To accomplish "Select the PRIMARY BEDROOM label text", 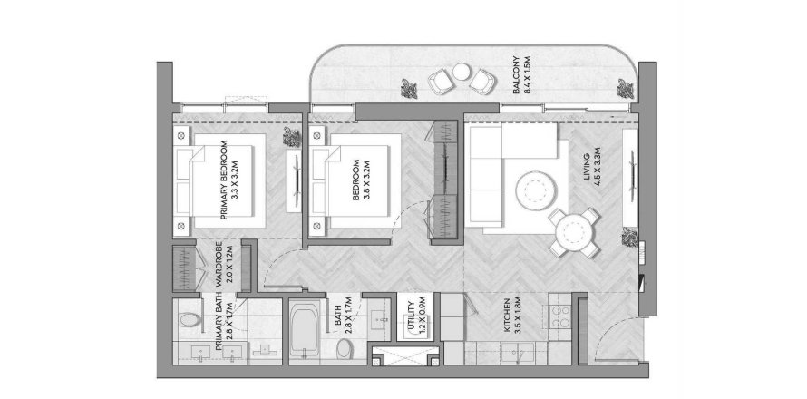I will [x=223, y=181].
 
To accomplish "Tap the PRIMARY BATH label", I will [x=219, y=323].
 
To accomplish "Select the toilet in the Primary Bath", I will [x=189, y=320].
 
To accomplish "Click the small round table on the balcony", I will [x=462, y=72].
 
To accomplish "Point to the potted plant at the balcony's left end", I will [x=410, y=88].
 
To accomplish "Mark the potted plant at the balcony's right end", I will [x=624, y=88].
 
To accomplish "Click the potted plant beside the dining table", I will [x=628, y=238].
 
